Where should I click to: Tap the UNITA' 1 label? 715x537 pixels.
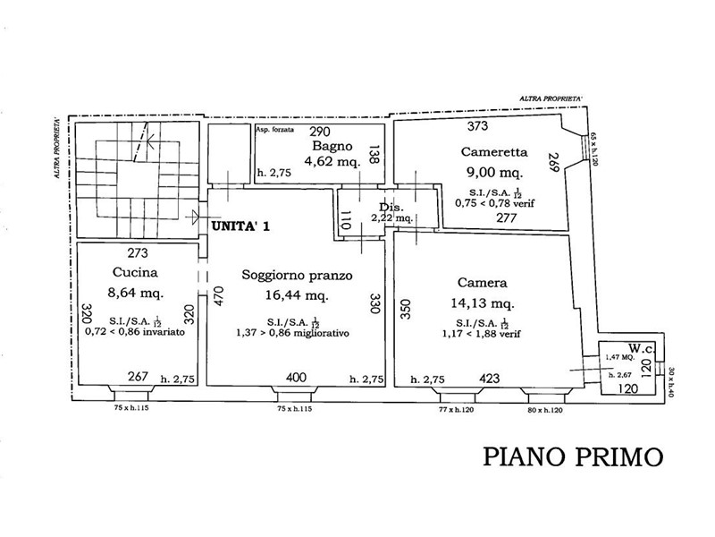pos(240,227)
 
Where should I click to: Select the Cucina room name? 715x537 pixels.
pos(136,272)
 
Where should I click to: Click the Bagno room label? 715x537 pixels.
pos(331,146)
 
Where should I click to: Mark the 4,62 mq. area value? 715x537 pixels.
pos(332,162)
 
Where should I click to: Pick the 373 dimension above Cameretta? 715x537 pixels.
pos(479,126)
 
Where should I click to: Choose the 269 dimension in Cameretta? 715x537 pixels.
pos(553,162)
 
